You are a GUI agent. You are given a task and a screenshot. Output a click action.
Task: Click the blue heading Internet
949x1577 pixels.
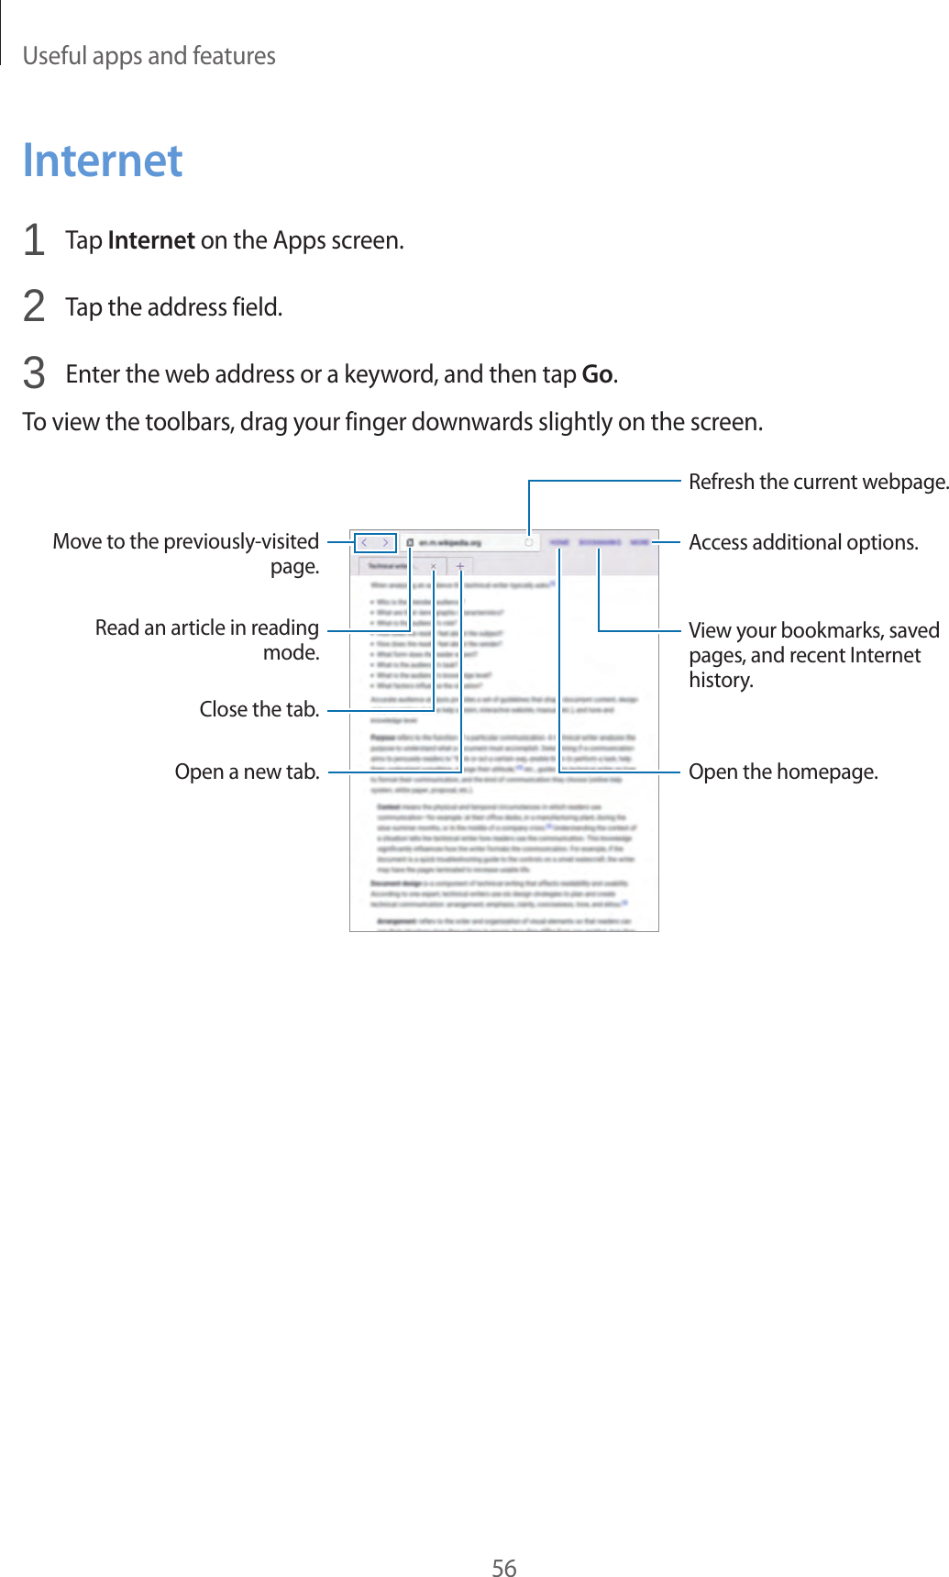point(103,161)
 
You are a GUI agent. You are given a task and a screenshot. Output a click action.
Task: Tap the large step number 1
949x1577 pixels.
point(34,240)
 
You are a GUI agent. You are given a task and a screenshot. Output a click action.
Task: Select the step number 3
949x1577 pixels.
point(34,374)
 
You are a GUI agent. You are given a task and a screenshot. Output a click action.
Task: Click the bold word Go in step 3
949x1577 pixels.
point(597,374)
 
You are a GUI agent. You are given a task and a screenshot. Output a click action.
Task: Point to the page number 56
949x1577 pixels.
point(503,1568)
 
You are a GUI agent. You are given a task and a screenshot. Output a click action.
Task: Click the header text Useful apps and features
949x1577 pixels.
point(149,56)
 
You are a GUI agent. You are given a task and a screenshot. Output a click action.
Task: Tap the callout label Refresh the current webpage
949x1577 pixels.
point(818,482)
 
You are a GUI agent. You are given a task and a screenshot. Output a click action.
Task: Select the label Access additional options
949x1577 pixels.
point(802,542)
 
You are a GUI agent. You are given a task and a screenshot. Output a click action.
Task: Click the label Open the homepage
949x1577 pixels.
point(782,772)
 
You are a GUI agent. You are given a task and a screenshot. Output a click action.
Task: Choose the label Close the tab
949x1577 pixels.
point(259,709)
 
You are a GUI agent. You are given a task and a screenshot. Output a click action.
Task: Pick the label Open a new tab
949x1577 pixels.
point(247,772)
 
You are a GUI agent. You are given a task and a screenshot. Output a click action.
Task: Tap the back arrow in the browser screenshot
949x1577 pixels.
point(365,543)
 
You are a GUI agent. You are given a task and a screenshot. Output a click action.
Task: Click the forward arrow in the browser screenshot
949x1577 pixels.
point(386,543)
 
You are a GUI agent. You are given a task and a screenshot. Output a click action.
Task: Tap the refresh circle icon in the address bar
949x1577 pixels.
point(529,543)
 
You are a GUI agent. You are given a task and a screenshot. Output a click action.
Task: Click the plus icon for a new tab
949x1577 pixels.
point(460,566)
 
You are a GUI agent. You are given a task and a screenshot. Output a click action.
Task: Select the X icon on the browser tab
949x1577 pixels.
point(434,566)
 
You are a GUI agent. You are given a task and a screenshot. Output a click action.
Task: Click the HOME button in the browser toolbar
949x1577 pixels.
point(559,543)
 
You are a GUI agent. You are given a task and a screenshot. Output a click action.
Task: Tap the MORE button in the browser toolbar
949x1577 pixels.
point(639,543)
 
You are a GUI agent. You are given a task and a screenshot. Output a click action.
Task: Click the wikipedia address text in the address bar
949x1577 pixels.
point(449,543)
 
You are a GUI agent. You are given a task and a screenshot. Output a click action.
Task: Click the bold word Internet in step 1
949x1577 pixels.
point(151,240)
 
